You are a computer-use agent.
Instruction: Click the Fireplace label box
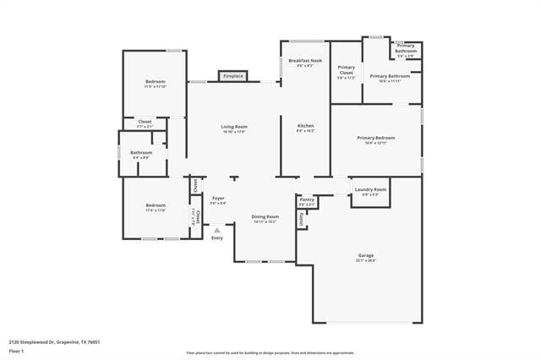[232, 76]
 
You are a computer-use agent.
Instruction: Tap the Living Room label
[234, 127]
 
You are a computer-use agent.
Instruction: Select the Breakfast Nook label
[304, 61]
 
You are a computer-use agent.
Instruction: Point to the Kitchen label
[305, 127]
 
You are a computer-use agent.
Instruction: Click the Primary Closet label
[346, 70]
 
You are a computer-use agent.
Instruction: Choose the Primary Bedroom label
[376, 138]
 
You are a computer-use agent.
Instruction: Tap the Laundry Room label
[370, 190]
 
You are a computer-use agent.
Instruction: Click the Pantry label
[306, 199]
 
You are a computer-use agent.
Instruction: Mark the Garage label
[366, 255]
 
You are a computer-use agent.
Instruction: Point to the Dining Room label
[265, 217]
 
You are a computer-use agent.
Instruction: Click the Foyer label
[217, 199]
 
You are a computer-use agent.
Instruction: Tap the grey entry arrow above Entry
[217, 229]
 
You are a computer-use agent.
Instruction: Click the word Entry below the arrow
[217, 237]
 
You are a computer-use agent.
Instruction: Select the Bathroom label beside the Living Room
[141, 153]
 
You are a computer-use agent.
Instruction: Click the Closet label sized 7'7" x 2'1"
[145, 123]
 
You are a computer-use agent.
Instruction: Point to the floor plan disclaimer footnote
[270, 352]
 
